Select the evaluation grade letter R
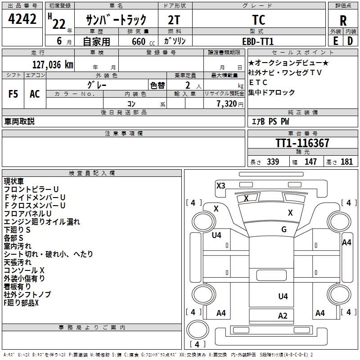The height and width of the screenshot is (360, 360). pos(343,21)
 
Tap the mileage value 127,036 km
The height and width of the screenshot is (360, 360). pos(53,64)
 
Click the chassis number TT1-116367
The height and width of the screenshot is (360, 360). pos(302,143)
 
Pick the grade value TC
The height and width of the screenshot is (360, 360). pos(259,20)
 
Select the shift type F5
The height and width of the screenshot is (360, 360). pos(13,94)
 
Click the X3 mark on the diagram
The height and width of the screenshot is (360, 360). pos(220,185)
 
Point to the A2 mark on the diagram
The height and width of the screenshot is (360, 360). pos(283,315)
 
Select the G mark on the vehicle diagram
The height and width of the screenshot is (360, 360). pos(284,229)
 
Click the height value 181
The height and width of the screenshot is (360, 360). pos(346,162)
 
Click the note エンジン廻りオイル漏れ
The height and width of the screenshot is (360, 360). pos(42,221)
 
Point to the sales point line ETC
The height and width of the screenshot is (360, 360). pos(258,82)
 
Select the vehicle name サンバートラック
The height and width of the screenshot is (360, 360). pos(117,20)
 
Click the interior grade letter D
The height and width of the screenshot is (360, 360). pos(350,41)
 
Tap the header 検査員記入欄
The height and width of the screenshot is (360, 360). pos(92,173)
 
